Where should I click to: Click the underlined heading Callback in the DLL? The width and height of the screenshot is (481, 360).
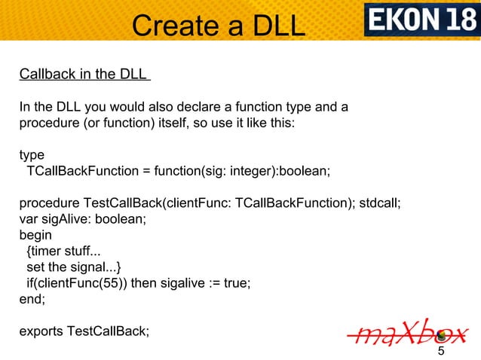click(84, 75)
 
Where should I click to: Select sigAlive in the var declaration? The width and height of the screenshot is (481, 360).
click(64, 220)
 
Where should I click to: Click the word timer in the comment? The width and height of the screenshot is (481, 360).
click(47, 252)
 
